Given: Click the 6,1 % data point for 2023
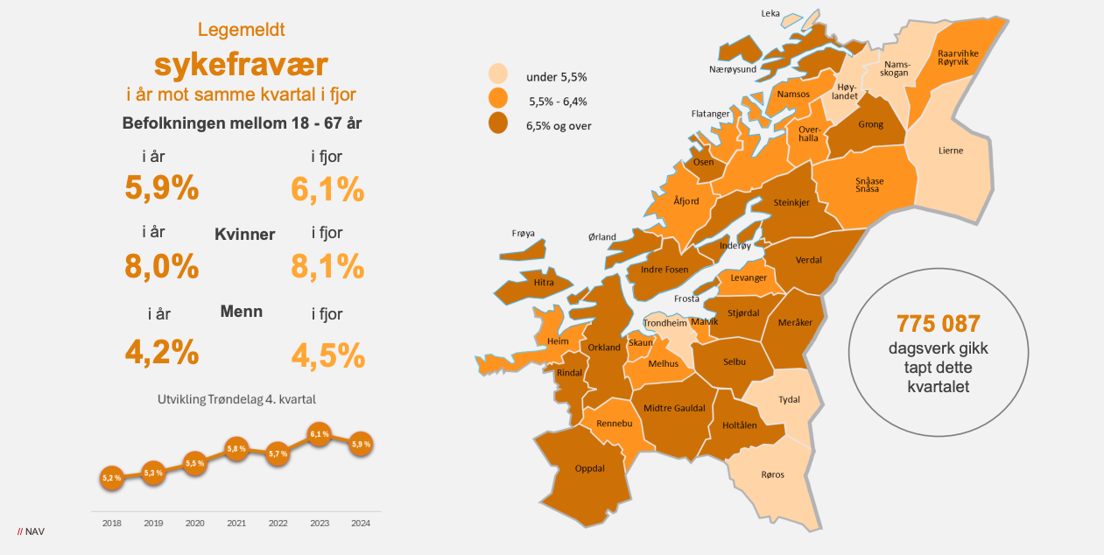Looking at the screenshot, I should point(319,433).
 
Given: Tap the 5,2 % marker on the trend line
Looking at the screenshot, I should point(111,478).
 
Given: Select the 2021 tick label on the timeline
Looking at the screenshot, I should point(236,523).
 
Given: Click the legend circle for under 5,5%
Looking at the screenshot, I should point(499,74).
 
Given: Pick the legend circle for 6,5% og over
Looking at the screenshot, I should point(499,123).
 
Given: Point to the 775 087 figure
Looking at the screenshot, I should point(938,323).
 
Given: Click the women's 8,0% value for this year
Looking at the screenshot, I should point(162,266).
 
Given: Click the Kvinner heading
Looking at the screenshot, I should point(245,235).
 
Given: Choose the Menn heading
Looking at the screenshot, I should point(242,312).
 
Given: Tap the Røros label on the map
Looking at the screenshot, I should point(772,474).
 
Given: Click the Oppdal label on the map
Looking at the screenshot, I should point(590,468).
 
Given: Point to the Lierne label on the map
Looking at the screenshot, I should point(950,151).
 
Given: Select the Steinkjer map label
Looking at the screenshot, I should point(791,202).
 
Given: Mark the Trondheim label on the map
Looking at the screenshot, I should point(665,323).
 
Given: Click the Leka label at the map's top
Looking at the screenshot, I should point(770,13).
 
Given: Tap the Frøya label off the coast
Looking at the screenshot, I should point(523,233).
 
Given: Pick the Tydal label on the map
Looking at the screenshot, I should point(789,399).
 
